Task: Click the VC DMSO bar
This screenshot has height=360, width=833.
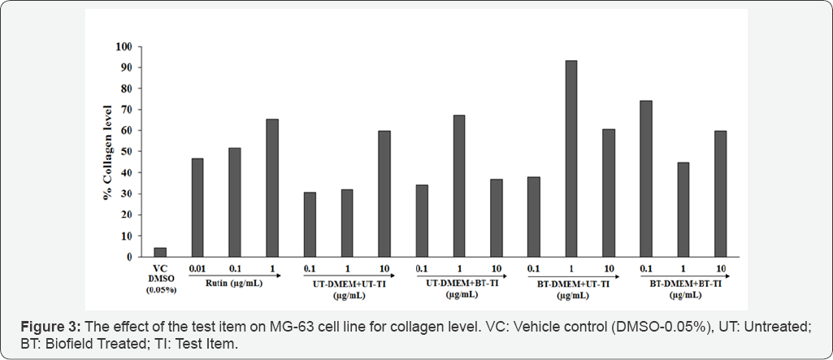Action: pyautogui.click(x=160, y=252)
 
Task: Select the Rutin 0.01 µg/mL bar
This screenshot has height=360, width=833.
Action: pyautogui.click(x=197, y=207)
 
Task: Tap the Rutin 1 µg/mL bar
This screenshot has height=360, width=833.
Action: pyautogui.click(x=272, y=188)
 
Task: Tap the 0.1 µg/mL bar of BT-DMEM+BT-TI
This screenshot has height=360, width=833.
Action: pyautogui.click(x=646, y=179)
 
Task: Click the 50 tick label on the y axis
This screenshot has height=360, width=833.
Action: pyautogui.click(x=125, y=151)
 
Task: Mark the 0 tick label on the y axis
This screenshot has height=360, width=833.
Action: pyautogui.click(x=128, y=257)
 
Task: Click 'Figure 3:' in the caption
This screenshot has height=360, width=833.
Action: pyautogui.click(x=50, y=326)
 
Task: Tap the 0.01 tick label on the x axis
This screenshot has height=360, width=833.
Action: pyautogui.click(x=197, y=268)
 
